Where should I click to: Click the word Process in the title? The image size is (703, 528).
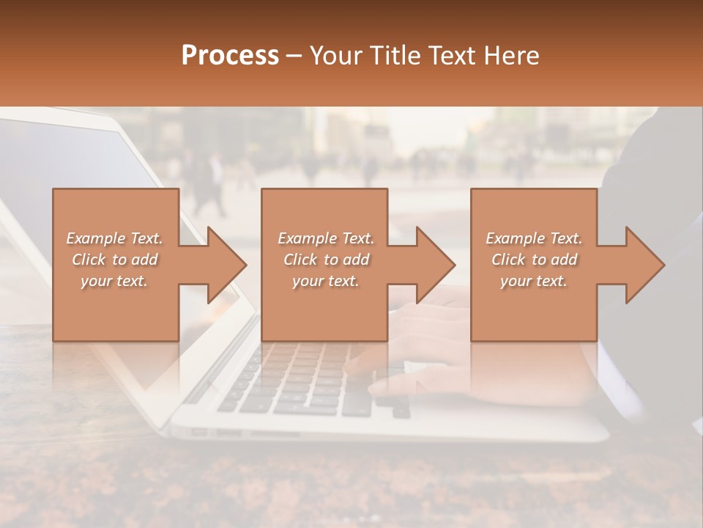[x=230, y=56]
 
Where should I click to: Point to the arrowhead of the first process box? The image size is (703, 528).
[x=227, y=265]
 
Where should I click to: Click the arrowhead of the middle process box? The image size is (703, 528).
[x=436, y=265]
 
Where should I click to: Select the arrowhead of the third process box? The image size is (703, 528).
[x=644, y=265]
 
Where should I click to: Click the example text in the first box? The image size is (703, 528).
[x=115, y=260]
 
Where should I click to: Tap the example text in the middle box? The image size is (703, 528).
[x=325, y=260]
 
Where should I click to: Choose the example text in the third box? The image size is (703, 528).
[x=534, y=260]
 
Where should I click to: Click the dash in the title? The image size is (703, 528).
[x=294, y=56]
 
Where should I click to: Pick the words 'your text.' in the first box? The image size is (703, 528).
[x=114, y=281]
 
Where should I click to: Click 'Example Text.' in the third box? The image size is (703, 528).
[x=534, y=238]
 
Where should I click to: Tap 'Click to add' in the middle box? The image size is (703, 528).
[x=325, y=260]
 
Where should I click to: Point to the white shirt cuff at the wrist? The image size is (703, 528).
[x=622, y=381]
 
